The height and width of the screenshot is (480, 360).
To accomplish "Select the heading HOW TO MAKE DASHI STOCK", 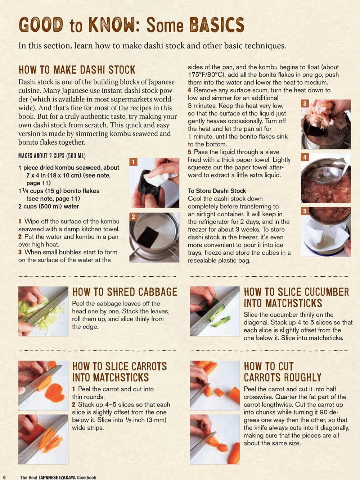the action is [77, 70].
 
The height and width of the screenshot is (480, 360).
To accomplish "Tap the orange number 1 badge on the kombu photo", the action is [134, 162].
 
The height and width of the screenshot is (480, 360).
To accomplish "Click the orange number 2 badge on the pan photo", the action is [134, 217].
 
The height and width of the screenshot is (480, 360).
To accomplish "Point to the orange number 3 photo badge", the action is [305, 103].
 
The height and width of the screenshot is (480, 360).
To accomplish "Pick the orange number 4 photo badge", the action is [305, 157].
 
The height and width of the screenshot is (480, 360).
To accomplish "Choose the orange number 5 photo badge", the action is [305, 211].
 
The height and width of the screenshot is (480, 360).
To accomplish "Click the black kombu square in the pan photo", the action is [150, 237].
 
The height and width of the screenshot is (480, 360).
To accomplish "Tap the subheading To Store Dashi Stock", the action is [217, 191].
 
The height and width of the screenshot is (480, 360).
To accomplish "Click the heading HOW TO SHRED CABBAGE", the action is [125, 292].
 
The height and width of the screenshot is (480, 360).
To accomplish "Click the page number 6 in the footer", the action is [4, 477].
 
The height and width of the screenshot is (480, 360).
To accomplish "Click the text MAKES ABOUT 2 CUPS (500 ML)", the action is [52, 156].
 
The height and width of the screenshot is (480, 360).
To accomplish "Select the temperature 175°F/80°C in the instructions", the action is [206, 74].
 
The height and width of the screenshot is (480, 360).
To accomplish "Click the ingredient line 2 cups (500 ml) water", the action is [49, 206].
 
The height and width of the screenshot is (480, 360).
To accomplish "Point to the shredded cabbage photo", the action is [43, 311].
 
